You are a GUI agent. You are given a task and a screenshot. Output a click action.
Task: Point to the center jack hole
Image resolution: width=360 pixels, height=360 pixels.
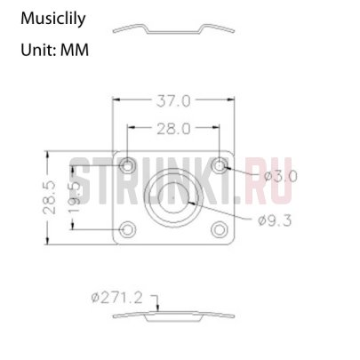[x=175, y=196]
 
